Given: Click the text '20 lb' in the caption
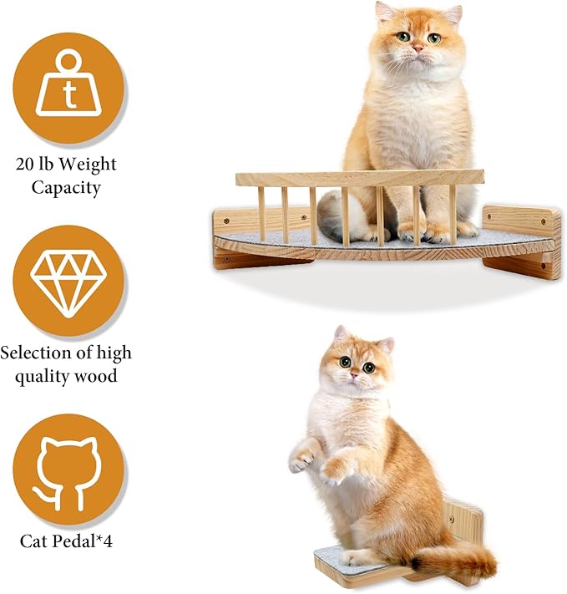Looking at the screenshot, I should click(x=38, y=164).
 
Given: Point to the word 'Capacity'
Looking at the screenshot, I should click(x=66, y=187).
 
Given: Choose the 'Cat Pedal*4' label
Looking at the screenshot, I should click(x=66, y=541).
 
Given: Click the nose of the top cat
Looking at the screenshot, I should click(x=418, y=49).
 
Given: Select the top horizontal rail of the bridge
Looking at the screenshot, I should click(x=359, y=178).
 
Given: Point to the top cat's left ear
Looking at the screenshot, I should click(x=385, y=12).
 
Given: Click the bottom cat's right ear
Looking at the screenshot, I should click(x=386, y=344).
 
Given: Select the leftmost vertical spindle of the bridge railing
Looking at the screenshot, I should click(x=261, y=212).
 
